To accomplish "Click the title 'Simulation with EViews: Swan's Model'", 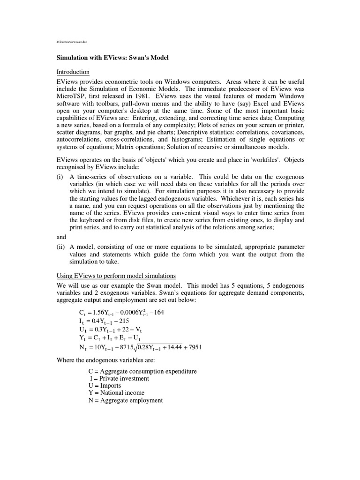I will click(112, 58).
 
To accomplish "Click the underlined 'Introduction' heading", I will click(73, 72).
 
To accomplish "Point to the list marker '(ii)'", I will click(61, 247).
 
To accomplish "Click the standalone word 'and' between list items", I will click(62, 237).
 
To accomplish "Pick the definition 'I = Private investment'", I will click(119, 378).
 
